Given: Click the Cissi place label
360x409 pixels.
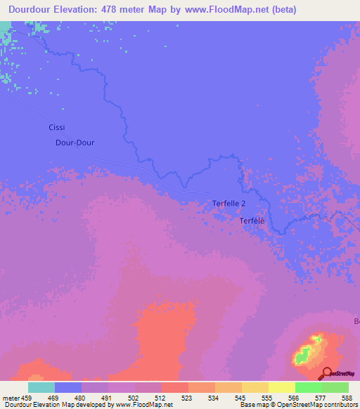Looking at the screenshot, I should (x=57, y=127).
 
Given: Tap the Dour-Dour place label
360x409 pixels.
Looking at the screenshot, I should (x=75, y=142).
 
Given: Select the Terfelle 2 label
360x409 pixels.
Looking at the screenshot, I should (x=229, y=204).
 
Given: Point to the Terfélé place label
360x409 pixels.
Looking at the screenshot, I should (x=252, y=220).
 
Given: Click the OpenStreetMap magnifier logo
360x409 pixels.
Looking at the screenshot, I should (x=326, y=373).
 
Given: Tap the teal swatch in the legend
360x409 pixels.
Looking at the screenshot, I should (x=41, y=387).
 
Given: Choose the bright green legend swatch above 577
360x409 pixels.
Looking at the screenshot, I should (x=309, y=387).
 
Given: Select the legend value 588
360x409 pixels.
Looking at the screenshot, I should (x=349, y=397).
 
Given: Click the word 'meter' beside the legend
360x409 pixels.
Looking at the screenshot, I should (x=11, y=397).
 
